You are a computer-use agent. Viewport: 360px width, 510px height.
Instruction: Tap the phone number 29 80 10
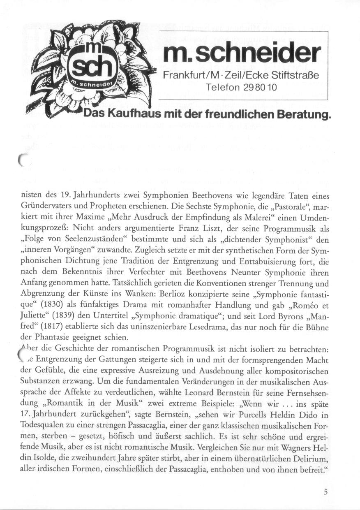coord(261,87)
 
